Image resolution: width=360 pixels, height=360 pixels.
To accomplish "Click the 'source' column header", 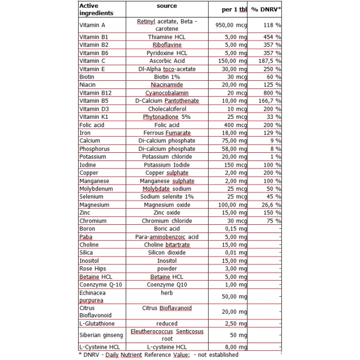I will point(167,6).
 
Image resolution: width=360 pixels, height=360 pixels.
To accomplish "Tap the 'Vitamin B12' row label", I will point(96,93).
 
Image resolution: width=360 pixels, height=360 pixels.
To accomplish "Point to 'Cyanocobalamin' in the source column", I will point(167,93).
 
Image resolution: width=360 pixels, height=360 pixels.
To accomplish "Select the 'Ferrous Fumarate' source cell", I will point(167,133).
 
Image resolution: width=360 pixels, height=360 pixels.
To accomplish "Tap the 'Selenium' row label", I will point(92,197).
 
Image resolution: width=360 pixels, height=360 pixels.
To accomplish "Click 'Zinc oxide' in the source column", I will point(167,213).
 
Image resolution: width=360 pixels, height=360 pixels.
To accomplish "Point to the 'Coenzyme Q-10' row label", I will point(101,285).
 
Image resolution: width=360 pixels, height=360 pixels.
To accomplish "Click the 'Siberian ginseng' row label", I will point(101,335).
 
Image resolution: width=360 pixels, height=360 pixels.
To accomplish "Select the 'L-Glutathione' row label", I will point(97,323).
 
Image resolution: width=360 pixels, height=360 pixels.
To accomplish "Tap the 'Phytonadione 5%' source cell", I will point(167,117).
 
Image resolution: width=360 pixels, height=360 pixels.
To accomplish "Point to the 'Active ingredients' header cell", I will point(96,9).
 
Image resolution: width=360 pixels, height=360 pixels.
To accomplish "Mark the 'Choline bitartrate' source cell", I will point(167,245).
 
